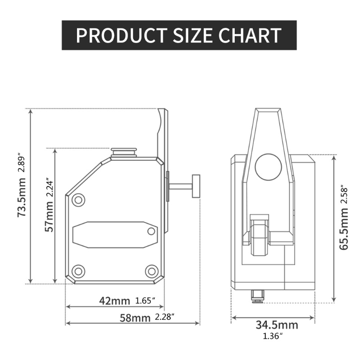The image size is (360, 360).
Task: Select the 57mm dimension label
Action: pyautogui.click(x=50, y=217)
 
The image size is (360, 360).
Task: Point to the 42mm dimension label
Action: pyautogui.click(x=114, y=300)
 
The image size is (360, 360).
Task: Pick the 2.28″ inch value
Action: pyautogui.click(x=164, y=317)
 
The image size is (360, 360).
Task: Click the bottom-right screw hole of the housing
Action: pyautogui.click(x=151, y=271)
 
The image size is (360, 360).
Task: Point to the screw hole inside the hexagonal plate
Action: pyautogui.click(x=151, y=231)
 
